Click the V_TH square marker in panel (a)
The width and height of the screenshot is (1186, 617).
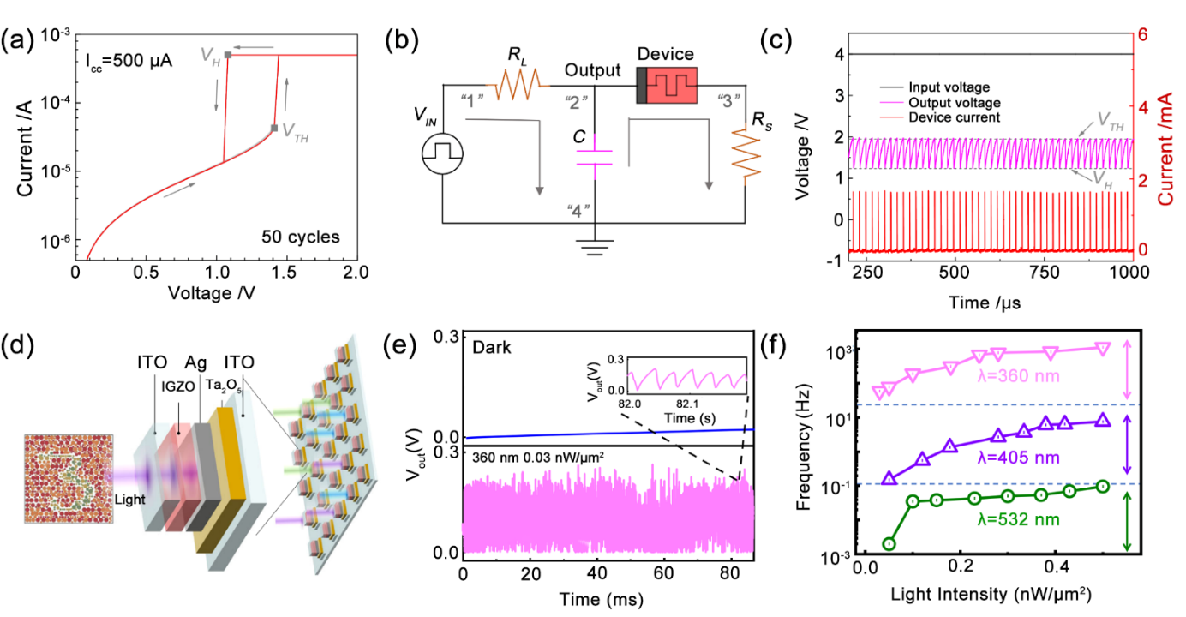[275, 129]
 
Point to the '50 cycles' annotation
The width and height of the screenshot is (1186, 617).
[301, 234]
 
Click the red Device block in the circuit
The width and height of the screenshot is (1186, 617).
[672, 86]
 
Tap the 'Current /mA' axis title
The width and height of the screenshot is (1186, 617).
[1167, 146]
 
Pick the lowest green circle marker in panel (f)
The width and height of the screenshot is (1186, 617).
[889, 543]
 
